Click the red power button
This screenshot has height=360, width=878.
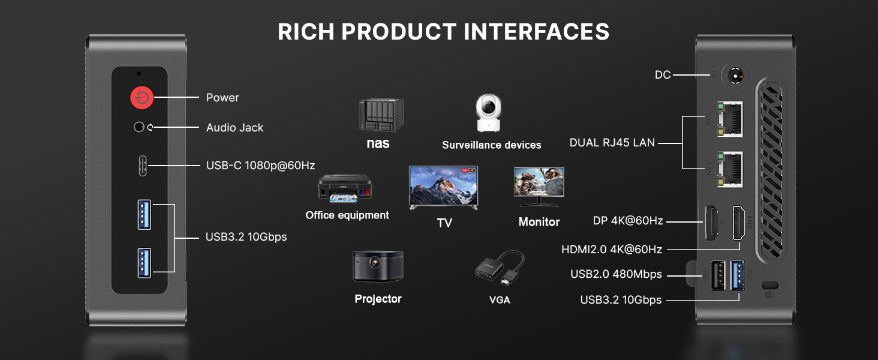pyautogui.click(x=142, y=98)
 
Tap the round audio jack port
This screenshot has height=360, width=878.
pyautogui.click(x=139, y=127)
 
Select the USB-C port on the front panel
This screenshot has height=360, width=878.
pyautogui.click(x=143, y=166)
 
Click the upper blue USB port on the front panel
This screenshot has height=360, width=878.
pyautogui.click(x=145, y=215)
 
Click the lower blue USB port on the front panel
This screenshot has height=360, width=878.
pyautogui.click(x=145, y=263)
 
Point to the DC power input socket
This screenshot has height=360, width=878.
pyautogui.click(x=735, y=75)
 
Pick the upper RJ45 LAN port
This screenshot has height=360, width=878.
pyautogui.click(x=730, y=119)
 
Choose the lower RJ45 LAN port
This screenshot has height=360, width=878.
pyautogui.click(x=730, y=169)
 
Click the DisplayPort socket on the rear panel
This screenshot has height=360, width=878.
pyautogui.click(x=711, y=223)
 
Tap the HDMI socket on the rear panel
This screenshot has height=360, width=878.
pyautogui.click(x=739, y=223)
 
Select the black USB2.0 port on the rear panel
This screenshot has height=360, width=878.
pyautogui.click(x=718, y=275)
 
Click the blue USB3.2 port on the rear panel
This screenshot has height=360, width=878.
pyautogui.click(x=737, y=275)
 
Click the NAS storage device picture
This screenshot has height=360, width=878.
pyautogui.click(x=381, y=115)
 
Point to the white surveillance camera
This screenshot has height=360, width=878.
pyautogui.click(x=488, y=113)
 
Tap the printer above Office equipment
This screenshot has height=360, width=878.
pyautogui.click(x=344, y=188)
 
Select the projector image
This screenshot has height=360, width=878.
pyautogui.click(x=378, y=266)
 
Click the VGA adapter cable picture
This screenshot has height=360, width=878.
pyautogui.click(x=500, y=268)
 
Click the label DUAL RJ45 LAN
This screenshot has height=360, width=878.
pyautogui.click(x=612, y=143)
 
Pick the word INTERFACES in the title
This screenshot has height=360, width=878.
pyautogui.click(x=537, y=31)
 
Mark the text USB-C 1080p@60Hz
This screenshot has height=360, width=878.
pyautogui.click(x=261, y=166)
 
